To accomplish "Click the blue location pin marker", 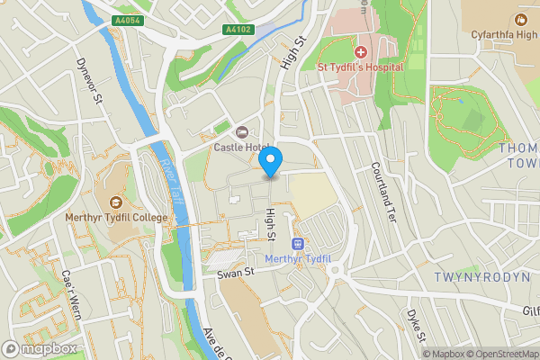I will click(270, 161).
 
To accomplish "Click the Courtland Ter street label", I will click(382, 192).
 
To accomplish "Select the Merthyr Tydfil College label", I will click(115, 216).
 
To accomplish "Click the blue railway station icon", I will click(298, 244).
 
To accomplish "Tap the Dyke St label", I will click(415, 326).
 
